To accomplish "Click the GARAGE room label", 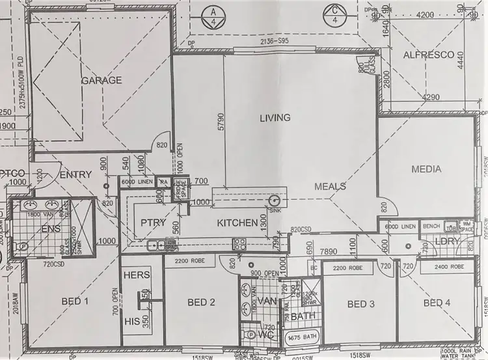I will click(102, 81).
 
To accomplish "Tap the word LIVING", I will click(275, 118).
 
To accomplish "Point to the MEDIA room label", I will click(426, 169).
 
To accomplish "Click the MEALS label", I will click(330, 187).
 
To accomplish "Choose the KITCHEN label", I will click(237, 223).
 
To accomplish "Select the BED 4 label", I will click(436, 303).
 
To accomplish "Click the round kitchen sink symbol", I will click(274, 201).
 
